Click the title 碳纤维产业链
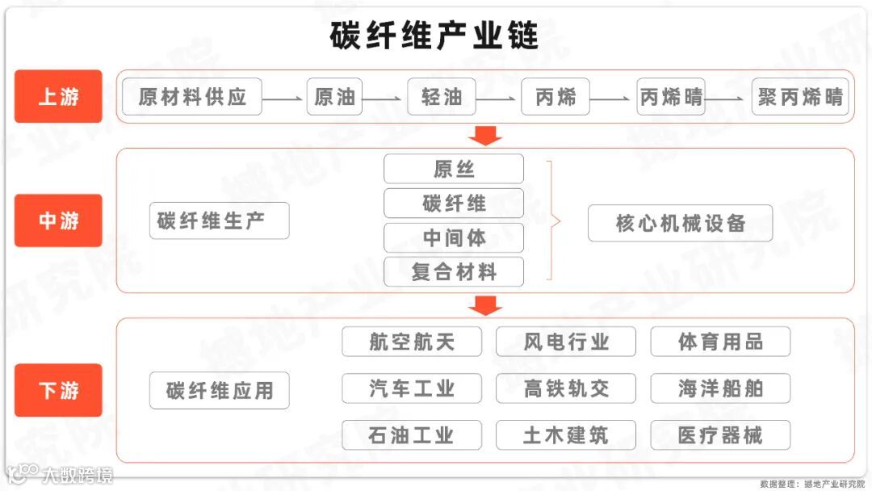[434, 36]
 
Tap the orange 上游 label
[58, 97]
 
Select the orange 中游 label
[58, 220]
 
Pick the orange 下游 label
[58, 390]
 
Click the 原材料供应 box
[192, 97]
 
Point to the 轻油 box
[442, 97]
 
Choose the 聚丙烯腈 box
[800, 97]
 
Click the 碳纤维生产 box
[219, 220]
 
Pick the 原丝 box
[454, 169]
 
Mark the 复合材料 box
[454, 272]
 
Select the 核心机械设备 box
[680, 223]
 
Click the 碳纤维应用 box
[219, 392]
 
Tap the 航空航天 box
[412, 342]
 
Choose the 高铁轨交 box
[566, 388]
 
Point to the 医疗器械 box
[720, 435]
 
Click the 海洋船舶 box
[720, 388]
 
